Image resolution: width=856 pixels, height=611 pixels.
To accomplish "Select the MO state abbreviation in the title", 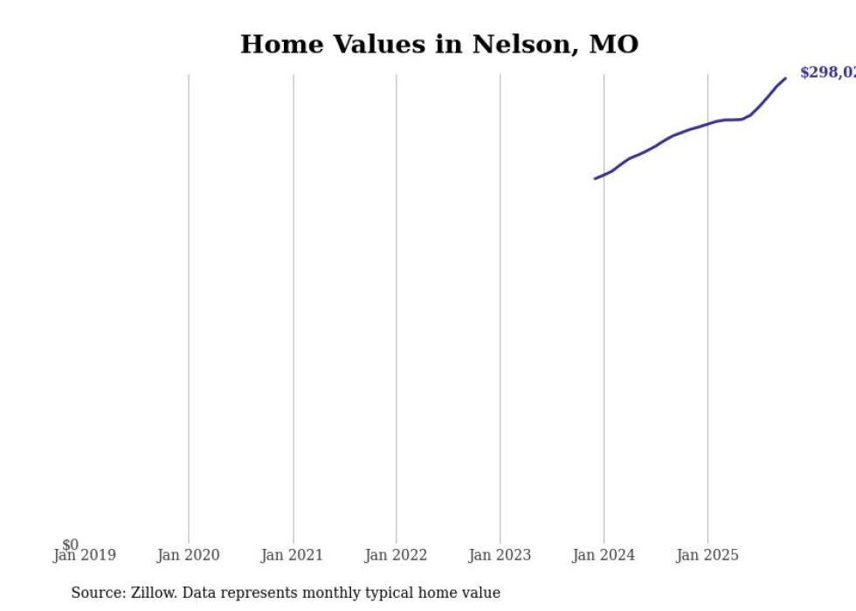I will (x=613, y=45).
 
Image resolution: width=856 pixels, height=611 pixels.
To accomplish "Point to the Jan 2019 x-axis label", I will (x=84, y=555).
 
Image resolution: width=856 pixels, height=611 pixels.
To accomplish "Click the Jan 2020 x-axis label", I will (x=188, y=555).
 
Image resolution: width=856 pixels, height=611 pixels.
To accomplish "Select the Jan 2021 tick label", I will (x=292, y=555).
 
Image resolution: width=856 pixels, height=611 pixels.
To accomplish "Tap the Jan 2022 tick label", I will (x=396, y=555).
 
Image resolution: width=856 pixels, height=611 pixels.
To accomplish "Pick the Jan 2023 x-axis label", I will (x=500, y=555).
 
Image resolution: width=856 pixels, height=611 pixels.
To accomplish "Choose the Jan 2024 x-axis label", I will (x=604, y=555).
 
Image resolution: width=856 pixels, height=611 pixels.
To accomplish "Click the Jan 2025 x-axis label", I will (x=708, y=555).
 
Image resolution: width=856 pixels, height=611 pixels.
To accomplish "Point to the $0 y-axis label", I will (x=70, y=545).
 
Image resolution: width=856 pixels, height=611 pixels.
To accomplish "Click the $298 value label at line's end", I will (x=826, y=73).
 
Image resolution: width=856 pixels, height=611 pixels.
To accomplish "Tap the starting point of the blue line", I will (x=596, y=178).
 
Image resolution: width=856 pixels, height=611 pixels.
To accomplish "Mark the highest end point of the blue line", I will (x=785, y=79).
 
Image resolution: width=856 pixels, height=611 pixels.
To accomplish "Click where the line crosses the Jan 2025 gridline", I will (x=708, y=123).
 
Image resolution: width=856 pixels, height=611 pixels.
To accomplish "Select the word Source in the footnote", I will (x=97, y=593).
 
